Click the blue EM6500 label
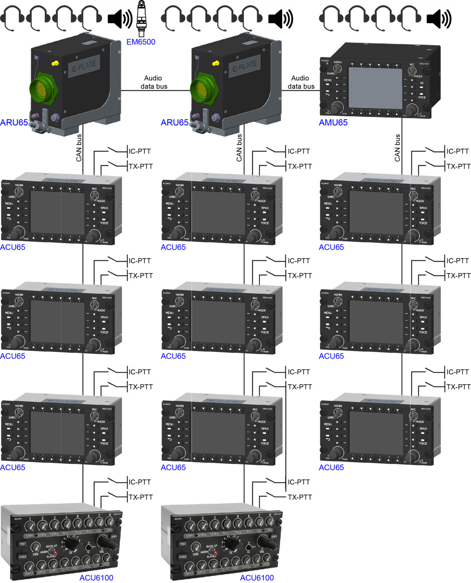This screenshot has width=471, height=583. [141, 42]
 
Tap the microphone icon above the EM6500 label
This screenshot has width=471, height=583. [141, 18]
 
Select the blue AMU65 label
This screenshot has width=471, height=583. [333, 123]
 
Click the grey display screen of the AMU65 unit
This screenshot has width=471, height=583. [375, 88]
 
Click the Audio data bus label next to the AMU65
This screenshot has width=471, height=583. [301, 82]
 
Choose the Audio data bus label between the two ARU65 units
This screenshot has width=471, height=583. [154, 82]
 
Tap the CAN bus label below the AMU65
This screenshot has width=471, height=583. [397, 148]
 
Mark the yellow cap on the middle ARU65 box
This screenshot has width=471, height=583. [216, 63]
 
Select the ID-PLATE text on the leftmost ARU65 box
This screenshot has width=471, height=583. [84, 66]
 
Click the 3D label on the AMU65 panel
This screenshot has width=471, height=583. [421, 83]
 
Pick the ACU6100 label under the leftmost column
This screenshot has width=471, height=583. [96, 578]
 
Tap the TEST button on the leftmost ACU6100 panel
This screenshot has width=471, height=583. [23, 544]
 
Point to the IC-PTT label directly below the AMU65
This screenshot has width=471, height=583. [457, 151]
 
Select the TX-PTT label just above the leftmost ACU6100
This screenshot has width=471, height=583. [140, 497]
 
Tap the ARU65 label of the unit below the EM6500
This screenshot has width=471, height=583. [14, 123]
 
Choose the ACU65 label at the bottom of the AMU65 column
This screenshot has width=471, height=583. [331, 468]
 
